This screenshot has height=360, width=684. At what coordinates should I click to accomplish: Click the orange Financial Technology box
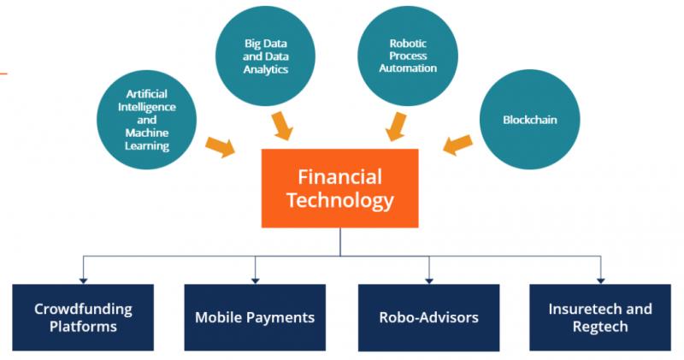340,188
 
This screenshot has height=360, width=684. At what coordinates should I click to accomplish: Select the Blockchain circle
530,120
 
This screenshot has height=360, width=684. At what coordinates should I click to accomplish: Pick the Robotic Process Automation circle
401,54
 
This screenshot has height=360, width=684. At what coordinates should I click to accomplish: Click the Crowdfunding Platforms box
83,317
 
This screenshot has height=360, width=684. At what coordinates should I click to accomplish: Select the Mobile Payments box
255,317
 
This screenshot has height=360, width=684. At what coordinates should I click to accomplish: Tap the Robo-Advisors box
428,317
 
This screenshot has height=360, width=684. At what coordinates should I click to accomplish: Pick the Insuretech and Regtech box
600,317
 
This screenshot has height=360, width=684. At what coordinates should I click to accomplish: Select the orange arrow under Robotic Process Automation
396,126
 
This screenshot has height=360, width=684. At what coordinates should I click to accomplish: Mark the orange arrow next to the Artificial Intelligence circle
220,145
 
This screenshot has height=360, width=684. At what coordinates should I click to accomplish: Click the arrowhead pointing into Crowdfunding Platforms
83,278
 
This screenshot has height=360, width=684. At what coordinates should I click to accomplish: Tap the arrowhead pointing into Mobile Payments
255,278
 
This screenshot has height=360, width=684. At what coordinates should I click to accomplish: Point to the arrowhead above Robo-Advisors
428,278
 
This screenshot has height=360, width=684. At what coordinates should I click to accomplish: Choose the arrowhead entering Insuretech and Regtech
600,278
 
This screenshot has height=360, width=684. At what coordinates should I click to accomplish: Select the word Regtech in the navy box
600,327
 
